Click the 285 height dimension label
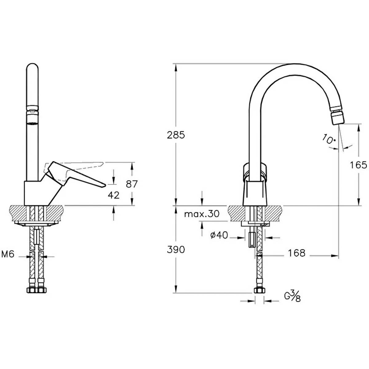176,135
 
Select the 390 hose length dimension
176,249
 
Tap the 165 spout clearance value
359,165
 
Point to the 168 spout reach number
297,253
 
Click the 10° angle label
329,139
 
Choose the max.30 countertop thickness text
202,214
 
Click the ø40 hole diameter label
219,235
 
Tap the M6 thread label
8,255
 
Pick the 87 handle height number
132,184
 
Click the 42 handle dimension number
113,195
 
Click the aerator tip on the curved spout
338,117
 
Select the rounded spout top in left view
32,66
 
